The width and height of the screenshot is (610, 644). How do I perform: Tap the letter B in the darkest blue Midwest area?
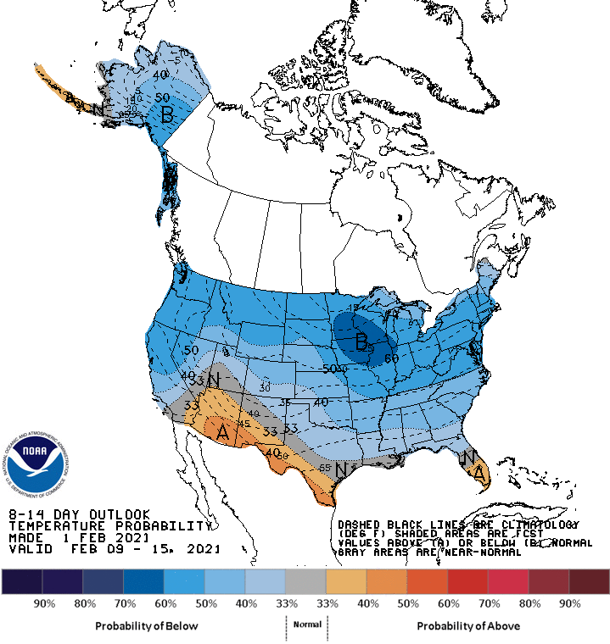361,343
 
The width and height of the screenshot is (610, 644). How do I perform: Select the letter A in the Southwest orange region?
223,432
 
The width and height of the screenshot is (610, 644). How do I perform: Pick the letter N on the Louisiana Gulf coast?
340,469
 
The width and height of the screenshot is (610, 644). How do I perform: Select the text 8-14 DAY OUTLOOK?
79,514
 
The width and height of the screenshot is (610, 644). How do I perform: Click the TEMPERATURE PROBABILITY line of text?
109,525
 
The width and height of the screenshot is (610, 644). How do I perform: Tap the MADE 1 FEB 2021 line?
79,537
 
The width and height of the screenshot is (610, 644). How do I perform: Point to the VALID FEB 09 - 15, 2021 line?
115,549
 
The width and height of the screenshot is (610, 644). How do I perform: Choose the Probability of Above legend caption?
468,625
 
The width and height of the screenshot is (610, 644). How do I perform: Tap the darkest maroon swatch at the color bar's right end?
589,581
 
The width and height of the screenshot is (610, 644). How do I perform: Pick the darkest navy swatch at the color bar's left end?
22,581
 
